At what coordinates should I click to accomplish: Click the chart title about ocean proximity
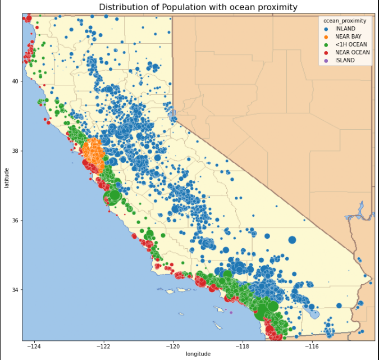[x=198, y=7]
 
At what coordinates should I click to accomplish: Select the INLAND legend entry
[x=345, y=29]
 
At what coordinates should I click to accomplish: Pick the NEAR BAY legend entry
[x=348, y=37]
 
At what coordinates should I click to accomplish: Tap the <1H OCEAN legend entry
[x=349, y=44]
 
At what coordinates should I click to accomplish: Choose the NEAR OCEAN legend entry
[x=352, y=52]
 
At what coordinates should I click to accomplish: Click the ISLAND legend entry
[x=345, y=60]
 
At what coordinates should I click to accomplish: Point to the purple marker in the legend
[x=326, y=60]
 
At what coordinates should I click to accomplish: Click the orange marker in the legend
[x=326, y=37]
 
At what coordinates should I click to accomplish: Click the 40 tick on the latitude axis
[x=15, y=81]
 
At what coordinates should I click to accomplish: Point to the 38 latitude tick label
[x=15, y=151]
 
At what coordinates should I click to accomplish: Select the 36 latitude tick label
[x=15, y=220]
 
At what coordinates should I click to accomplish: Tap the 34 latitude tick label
[x=15, y=290]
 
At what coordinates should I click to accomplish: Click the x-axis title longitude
[x=198, y=354]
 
